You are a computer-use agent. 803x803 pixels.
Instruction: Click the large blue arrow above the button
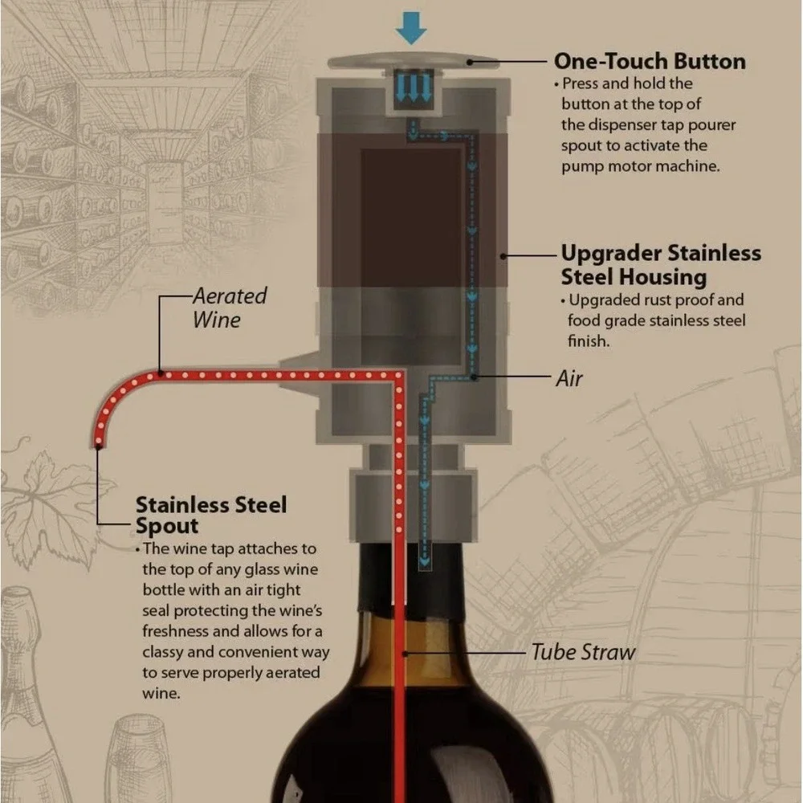[x=410, y=28]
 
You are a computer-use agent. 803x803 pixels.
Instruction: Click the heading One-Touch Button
[x=650, y=62]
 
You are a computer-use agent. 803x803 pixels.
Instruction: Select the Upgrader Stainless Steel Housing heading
[x=661, y=265]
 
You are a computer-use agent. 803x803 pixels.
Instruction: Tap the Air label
[x=569, y=378]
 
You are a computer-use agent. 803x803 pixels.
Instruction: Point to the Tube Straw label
[x=583, y=652]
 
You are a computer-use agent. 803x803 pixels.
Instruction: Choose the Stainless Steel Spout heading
[x=211, y=516]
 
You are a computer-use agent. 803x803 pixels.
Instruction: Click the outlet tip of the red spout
[x=98, y=445]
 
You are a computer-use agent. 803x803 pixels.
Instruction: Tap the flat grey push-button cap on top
[x=413, y=61]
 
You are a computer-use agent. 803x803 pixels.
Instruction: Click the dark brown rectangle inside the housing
[x=411, y=218]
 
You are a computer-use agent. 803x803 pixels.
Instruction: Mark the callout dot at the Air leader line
[x=475, y=377]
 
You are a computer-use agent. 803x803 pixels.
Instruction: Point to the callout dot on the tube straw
[x=405, y=654]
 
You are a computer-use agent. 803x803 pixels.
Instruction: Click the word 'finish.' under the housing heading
[x=589, y=340]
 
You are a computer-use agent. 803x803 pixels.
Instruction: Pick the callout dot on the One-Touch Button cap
[x=469, y=62]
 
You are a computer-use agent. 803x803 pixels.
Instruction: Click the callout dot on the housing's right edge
[x=503, y=255]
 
